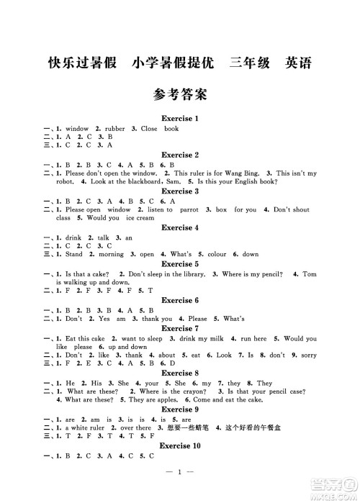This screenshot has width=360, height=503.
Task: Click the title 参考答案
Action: pos(180,94)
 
